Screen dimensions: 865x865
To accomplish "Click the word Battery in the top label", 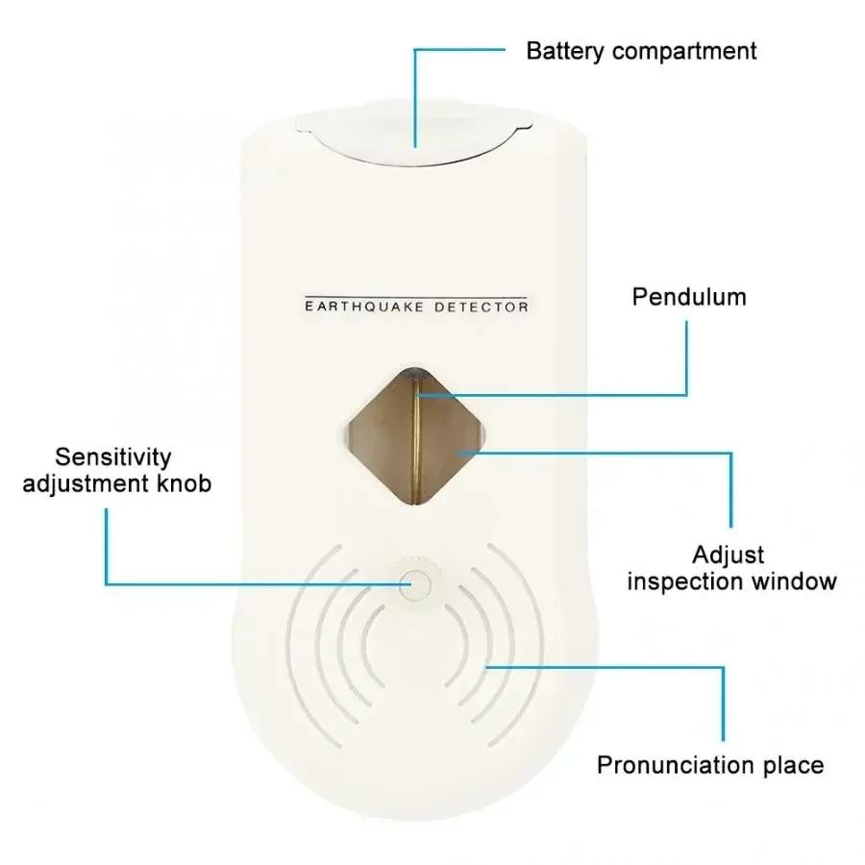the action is tap(565, 51).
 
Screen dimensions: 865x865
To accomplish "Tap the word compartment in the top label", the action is tap(684, 52).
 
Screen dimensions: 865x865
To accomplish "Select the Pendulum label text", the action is tap(689, 297).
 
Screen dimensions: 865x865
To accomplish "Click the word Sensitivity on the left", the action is tap(113, 457).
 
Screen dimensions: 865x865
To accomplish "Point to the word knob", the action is tap(185, 483).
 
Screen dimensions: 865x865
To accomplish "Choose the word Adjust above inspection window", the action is tap(729, 556).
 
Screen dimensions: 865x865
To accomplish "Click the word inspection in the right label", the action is tap(685, 582).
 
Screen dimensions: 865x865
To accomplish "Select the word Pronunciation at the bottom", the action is tap(676, 765).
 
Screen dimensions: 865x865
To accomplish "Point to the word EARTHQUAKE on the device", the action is tap(364, 307).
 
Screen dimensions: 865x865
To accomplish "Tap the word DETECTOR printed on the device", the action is tap(482, 307).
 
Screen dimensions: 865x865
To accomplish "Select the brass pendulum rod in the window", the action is tap(416, 440).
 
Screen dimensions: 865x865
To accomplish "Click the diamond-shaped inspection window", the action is tap(415, 436).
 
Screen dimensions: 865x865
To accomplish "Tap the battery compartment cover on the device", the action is tap(413, 136).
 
